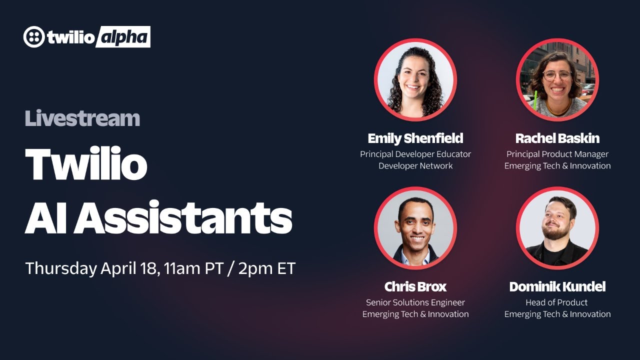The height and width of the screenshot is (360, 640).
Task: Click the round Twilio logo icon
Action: pyautogui.click(x=34, y=37)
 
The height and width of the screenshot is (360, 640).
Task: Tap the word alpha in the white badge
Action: pyautogui.click(x=122, y=37)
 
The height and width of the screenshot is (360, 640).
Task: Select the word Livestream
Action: pyautogui.click(x=82, y=118)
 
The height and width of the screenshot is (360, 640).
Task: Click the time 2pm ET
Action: pyautogui.click(x=267, y=268)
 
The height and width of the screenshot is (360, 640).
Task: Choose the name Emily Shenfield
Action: pyautogui.click(x=415, y=138)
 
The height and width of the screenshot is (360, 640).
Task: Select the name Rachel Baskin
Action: pyautogui.click(x=557, y=138)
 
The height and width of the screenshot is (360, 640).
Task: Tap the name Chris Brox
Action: pyautogui.click(x=415, y=286)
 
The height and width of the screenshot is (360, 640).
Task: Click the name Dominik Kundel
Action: pyautogui.click(x=557, y=286)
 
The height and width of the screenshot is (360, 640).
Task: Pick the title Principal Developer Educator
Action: pyautogui.click(x=415, y=154)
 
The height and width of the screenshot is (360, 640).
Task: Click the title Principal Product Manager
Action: pyautogui.click(x=557, y=154)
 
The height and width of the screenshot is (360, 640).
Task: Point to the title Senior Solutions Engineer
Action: pyautogui.click(x=415, y=302)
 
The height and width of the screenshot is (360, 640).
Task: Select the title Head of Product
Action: pyautogui.click(x=557, y=302)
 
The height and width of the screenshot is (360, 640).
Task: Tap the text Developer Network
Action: pyautogui.click(x=415, y=165)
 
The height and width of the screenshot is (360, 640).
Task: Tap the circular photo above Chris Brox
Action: pyautogui.click(x=415, y=228)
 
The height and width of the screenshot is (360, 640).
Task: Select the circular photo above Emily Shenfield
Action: pyautogui.click(x=415, y=79)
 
